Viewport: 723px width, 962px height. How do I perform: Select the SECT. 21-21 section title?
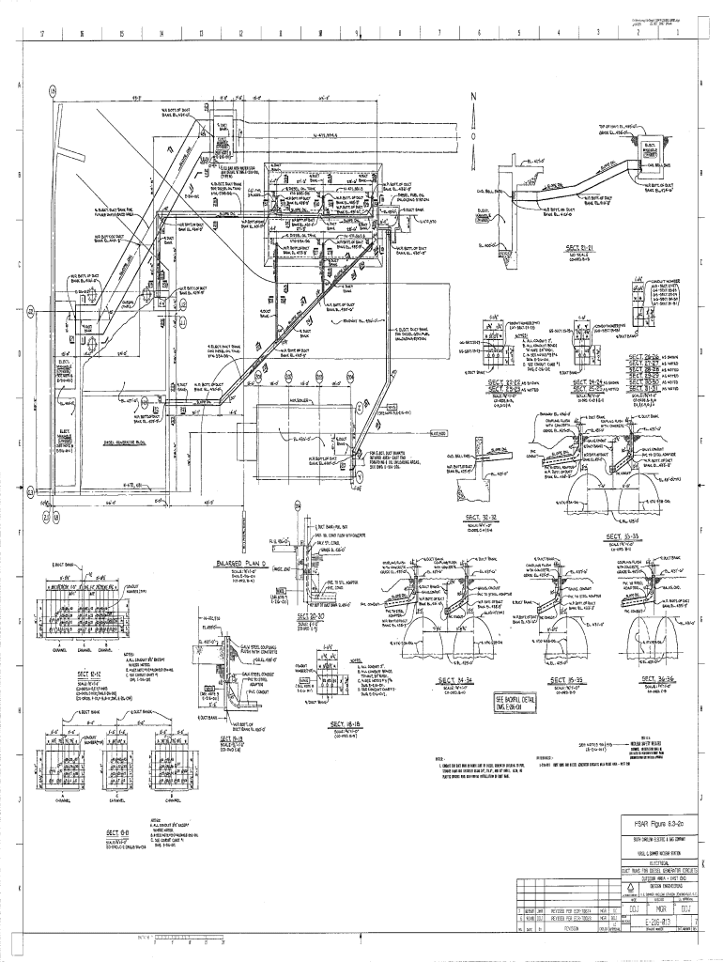coord(584,248)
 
